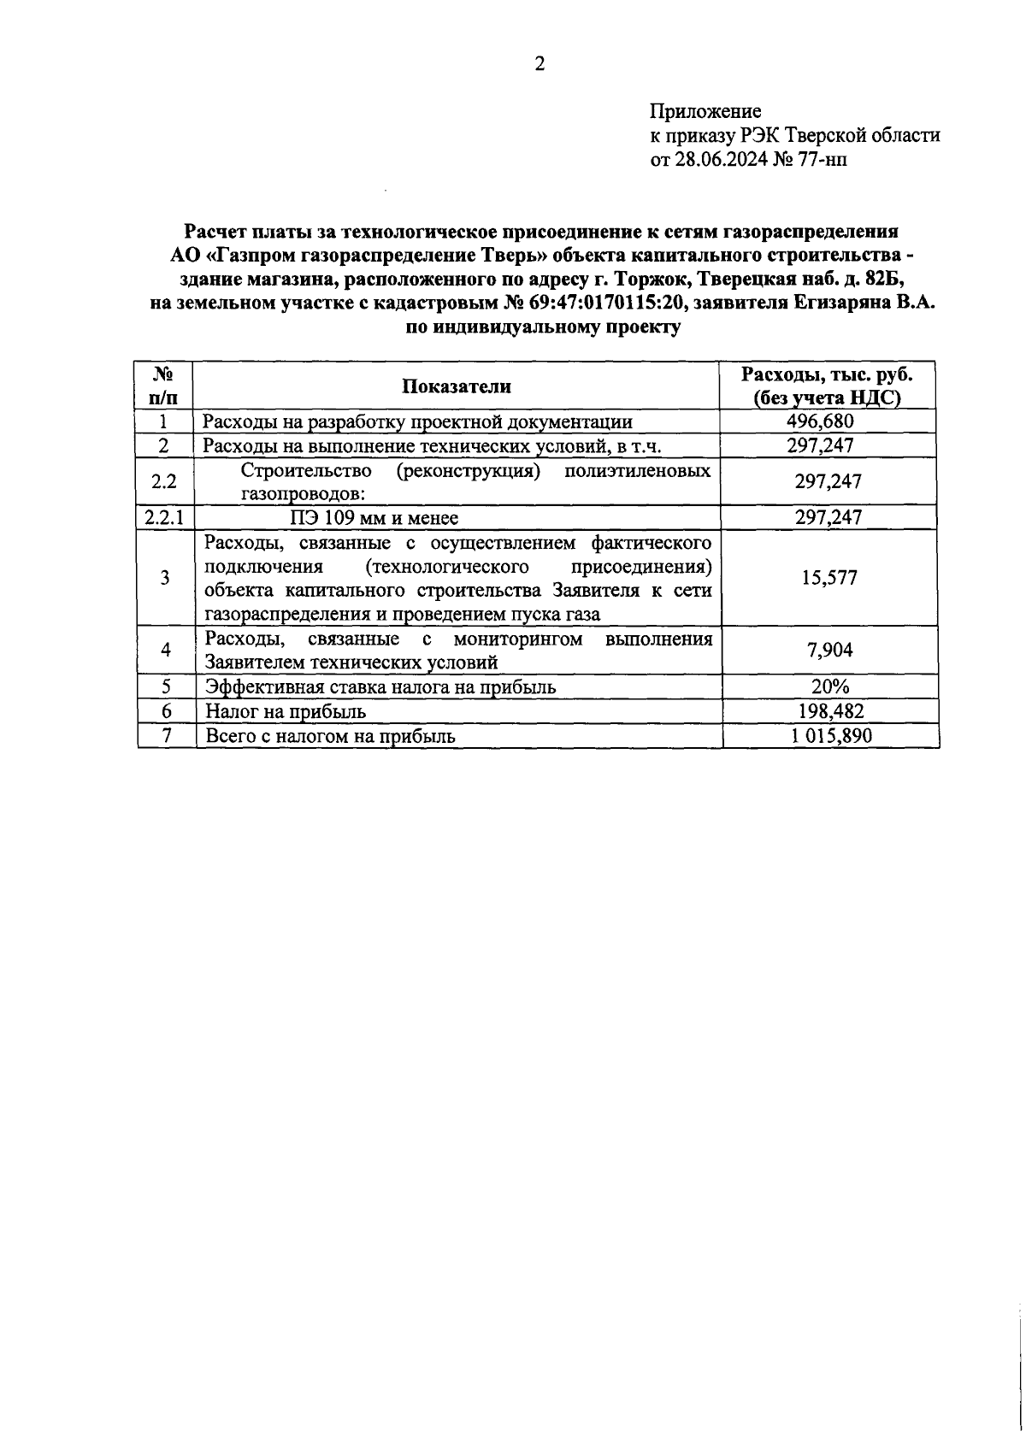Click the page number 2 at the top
[540, 65]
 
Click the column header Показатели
[457, 386]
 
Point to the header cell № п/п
[164, 386]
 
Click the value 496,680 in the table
[820, 421]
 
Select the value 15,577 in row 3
[828, 578]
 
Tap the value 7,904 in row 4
[828, 651]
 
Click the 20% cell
[828, 687]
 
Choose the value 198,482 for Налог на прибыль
[828, 711]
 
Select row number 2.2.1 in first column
[164, 517]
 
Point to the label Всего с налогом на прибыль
[329, 736]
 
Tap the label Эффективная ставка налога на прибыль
[380, 687]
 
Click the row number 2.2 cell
[164, 481]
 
